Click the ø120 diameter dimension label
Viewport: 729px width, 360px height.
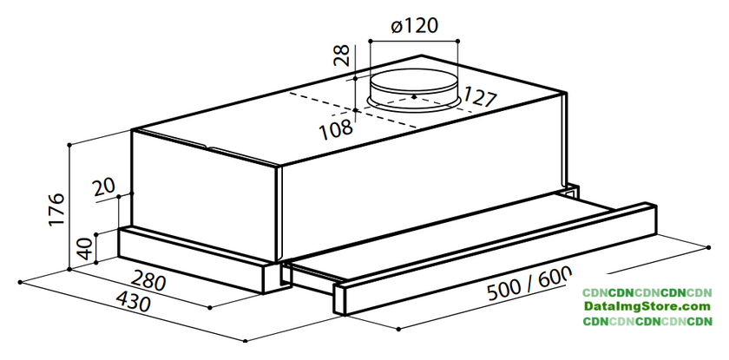[x=414, y=25]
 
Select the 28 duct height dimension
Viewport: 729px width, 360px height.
[x=343, y=56]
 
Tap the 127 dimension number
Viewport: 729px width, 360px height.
[x=479, y=96]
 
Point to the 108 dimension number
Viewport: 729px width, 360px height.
[x=336, y=129]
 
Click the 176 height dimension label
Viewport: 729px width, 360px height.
[x=56, y=210]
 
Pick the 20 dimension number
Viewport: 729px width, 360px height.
[x=103, y=188]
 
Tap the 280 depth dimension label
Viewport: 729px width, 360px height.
[x=148, y=280]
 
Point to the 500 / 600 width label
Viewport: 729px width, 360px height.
[x=528, y=284]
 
